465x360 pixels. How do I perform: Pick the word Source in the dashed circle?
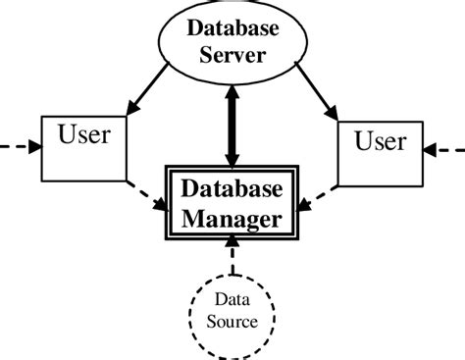coord(232,321)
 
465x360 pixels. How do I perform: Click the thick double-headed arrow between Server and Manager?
coord(232,127)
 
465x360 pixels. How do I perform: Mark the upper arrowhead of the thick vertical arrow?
coord(232,94)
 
